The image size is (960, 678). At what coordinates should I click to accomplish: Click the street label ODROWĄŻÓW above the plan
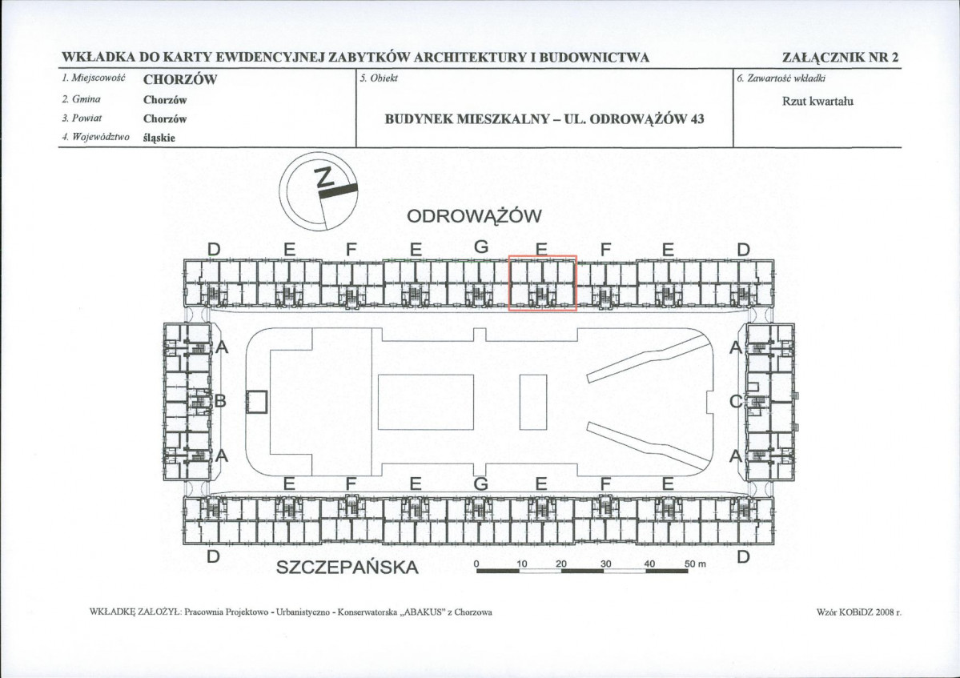474,217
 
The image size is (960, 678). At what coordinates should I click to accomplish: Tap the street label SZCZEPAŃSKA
347,568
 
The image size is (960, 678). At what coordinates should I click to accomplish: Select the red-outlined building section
542,283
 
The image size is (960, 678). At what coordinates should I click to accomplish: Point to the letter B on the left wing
220,401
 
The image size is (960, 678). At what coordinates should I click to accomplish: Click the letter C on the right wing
736,401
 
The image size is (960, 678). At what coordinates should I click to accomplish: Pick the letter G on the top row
481,247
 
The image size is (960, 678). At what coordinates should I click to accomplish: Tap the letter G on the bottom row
481,484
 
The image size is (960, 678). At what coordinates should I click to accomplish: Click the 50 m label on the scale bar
696,564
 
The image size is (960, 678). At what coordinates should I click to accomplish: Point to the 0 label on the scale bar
477,564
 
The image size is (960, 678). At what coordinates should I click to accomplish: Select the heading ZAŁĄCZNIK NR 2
840,58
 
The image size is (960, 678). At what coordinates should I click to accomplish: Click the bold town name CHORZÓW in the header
180,79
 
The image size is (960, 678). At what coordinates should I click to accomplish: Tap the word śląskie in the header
159,138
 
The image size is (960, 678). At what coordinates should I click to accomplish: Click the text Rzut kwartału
817,101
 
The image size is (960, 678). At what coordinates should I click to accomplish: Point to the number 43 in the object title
697,118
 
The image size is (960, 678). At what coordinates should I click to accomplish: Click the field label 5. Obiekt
379,78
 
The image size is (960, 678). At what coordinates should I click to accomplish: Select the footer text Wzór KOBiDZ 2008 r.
859,612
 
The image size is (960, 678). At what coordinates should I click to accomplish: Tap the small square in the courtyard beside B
256,402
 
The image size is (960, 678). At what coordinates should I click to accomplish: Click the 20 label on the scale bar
561,564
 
